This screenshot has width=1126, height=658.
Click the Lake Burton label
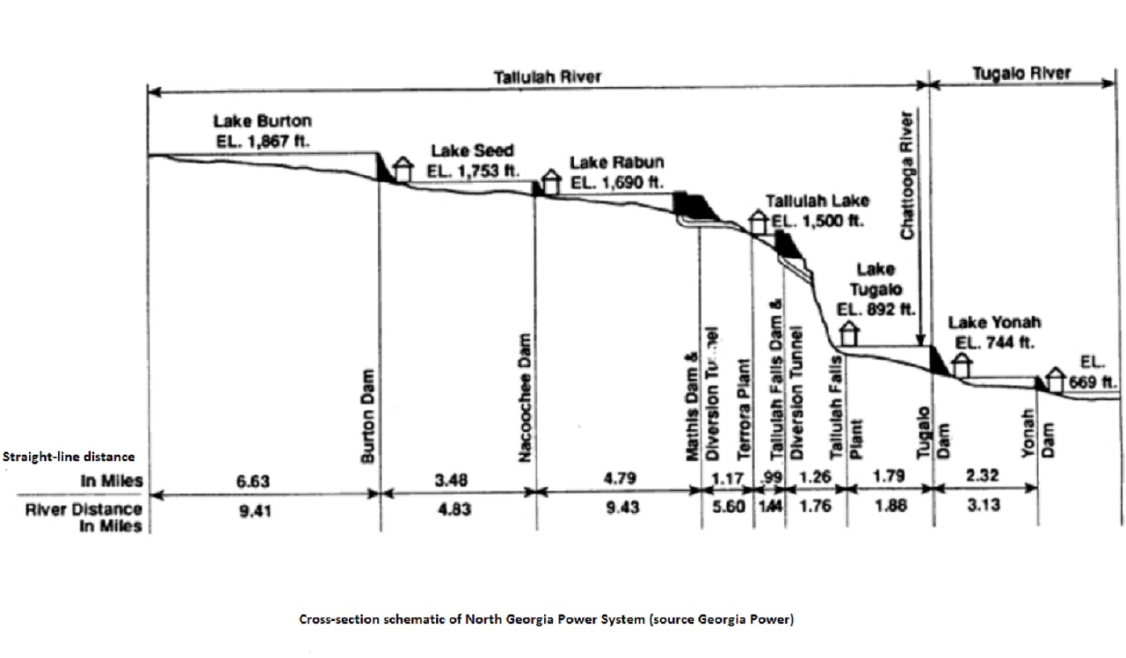[262, 122]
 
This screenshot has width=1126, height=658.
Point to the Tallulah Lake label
[817, 201]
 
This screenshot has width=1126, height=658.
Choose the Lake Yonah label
[994, 323]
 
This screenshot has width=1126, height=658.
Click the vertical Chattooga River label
[908, 174]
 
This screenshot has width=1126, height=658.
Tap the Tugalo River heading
[1021, 73]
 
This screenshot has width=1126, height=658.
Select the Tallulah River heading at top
[547, 77]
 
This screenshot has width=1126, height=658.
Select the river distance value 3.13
[984, 506]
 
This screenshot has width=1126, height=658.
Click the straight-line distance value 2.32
[983, 477]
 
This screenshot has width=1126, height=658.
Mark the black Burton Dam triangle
[384, 167]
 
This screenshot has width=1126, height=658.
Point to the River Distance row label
[106, 517]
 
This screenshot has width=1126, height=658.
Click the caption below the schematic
[546, 620]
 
